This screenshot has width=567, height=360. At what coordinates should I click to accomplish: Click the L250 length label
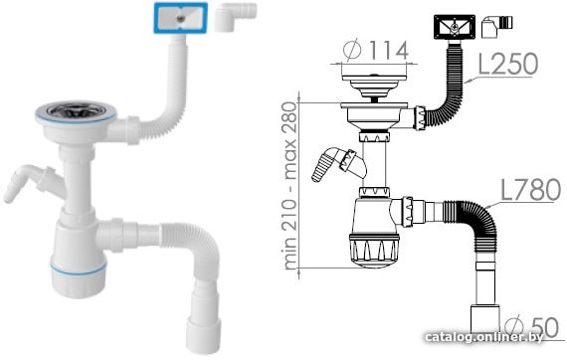[508, 64]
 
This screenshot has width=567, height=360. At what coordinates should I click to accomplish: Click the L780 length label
[530, 190]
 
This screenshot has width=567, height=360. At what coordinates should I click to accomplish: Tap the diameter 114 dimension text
[375, 50]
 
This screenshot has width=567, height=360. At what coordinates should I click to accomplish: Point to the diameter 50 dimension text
[531, 327]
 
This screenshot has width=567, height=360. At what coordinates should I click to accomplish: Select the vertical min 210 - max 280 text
[290, 186]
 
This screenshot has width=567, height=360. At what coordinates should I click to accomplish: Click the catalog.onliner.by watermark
[484, 337]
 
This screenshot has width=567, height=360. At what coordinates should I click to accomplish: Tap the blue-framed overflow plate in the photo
[180, 18]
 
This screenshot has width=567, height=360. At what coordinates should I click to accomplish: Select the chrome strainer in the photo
[76, 109]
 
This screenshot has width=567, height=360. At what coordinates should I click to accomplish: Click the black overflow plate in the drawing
[455, 27]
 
